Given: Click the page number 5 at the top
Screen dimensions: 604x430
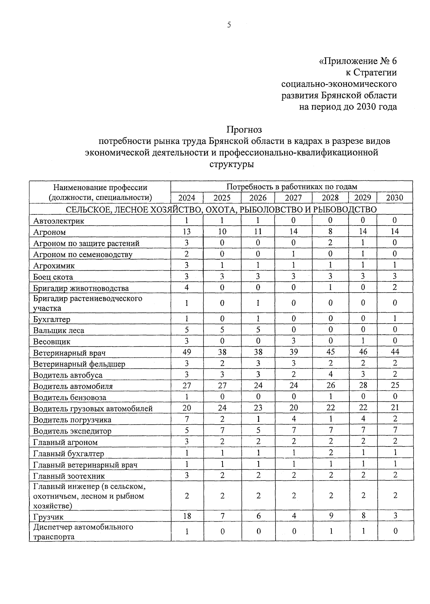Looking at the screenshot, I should coord(229,25).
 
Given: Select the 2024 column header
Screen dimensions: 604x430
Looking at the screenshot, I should coord(187,198).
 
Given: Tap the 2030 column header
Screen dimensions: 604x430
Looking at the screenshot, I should coord(395,198).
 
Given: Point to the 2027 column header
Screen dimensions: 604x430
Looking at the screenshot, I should coord(293,198).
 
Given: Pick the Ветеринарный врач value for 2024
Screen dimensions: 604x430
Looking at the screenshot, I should coord(187,352).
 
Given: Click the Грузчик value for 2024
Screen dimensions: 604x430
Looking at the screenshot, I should coord(187,516).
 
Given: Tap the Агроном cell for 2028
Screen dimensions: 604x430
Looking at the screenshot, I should coord(330,232).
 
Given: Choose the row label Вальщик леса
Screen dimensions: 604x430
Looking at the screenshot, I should coord(58,330).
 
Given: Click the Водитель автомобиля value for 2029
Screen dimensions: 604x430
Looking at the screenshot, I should coord(363,385).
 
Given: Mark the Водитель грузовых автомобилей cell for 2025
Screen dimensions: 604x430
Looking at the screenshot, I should coord(222,407).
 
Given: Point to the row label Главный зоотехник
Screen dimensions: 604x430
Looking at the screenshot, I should coord(69,476).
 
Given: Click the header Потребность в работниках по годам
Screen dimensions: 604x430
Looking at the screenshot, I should coord(292,187).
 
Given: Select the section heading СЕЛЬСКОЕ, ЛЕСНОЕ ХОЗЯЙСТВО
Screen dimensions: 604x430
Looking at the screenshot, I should coord(221,209).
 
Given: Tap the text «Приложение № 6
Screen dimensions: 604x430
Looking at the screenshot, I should coord(358,61).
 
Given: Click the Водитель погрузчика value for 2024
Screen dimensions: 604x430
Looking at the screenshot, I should coord(187,419).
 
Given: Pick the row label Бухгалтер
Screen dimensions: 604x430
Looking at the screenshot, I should coord(52,319).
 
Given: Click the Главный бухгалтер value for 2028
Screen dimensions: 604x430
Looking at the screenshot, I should coord(330,453).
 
